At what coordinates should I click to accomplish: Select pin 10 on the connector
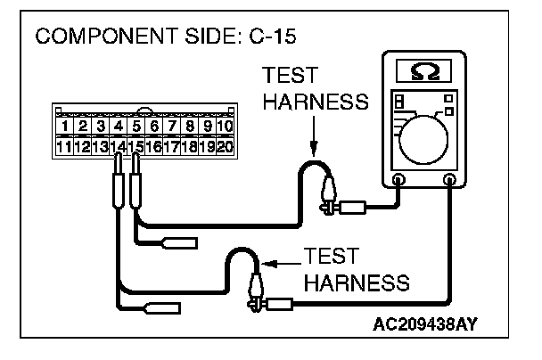pos(223,127)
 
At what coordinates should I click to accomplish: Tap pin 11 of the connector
pos(64,145)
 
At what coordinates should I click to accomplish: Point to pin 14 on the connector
pos(117,145)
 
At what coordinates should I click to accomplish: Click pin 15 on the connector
pos(135,145)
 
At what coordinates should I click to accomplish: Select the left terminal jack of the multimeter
pos(398,181)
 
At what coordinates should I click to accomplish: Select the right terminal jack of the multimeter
pos(450,181)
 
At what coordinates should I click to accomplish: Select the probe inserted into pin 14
pos(117,187)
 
